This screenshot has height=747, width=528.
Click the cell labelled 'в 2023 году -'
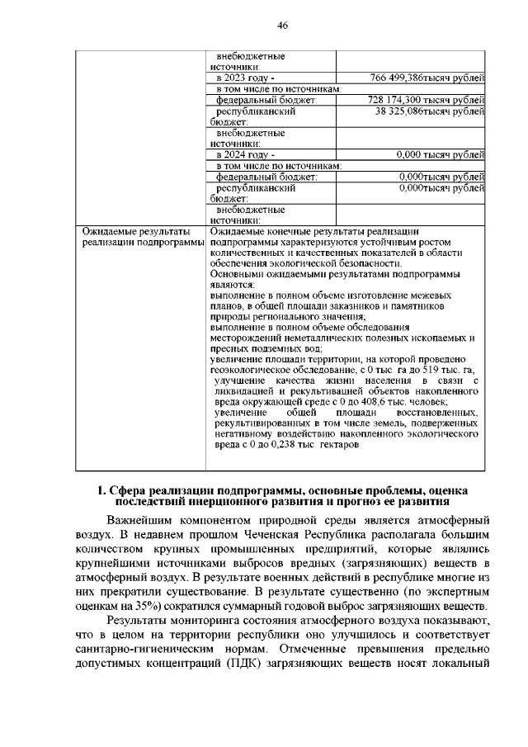(x=243, y=78)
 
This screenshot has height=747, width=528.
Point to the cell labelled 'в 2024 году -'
(x=243, y=154)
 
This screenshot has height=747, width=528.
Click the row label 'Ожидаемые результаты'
(x=132, y=232)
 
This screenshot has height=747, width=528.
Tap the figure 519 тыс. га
(x=441, y=371)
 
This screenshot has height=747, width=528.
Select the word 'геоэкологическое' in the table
(x=252, y=371)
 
